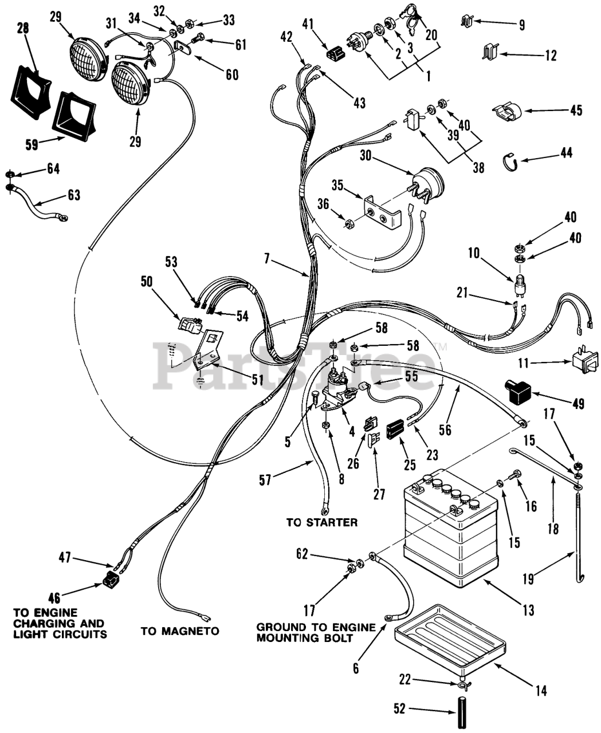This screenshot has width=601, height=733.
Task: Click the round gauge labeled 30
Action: coord(428,184)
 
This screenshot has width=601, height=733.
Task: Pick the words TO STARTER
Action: coord(322,523)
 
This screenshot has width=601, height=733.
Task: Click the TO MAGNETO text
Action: coord(180,631)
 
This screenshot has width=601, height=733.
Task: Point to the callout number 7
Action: coord(266,259)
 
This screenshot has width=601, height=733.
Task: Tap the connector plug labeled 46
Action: coord(109,578)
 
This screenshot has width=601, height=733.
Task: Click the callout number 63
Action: coord(74,195)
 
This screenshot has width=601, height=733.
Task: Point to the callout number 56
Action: coord(445,430)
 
